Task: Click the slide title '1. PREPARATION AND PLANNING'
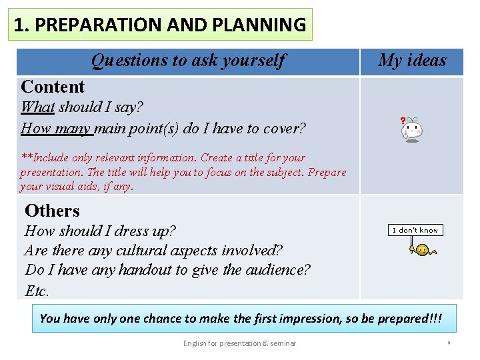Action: pos(160,25)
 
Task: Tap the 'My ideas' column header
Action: pos(411,61)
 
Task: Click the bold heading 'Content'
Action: pos(53,87)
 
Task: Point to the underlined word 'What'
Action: pos(38,107)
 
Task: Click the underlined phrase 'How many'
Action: pos(57,128)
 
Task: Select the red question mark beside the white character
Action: pos(403,121)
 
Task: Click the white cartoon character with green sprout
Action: pos(413,129)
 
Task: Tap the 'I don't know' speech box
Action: pos(415,230)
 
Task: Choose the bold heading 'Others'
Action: pos(52,211)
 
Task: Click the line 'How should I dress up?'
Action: pos(100,231)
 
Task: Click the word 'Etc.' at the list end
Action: pos(37,291)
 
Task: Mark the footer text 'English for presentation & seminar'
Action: pos(239,343)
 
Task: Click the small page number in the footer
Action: pos(449,343)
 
